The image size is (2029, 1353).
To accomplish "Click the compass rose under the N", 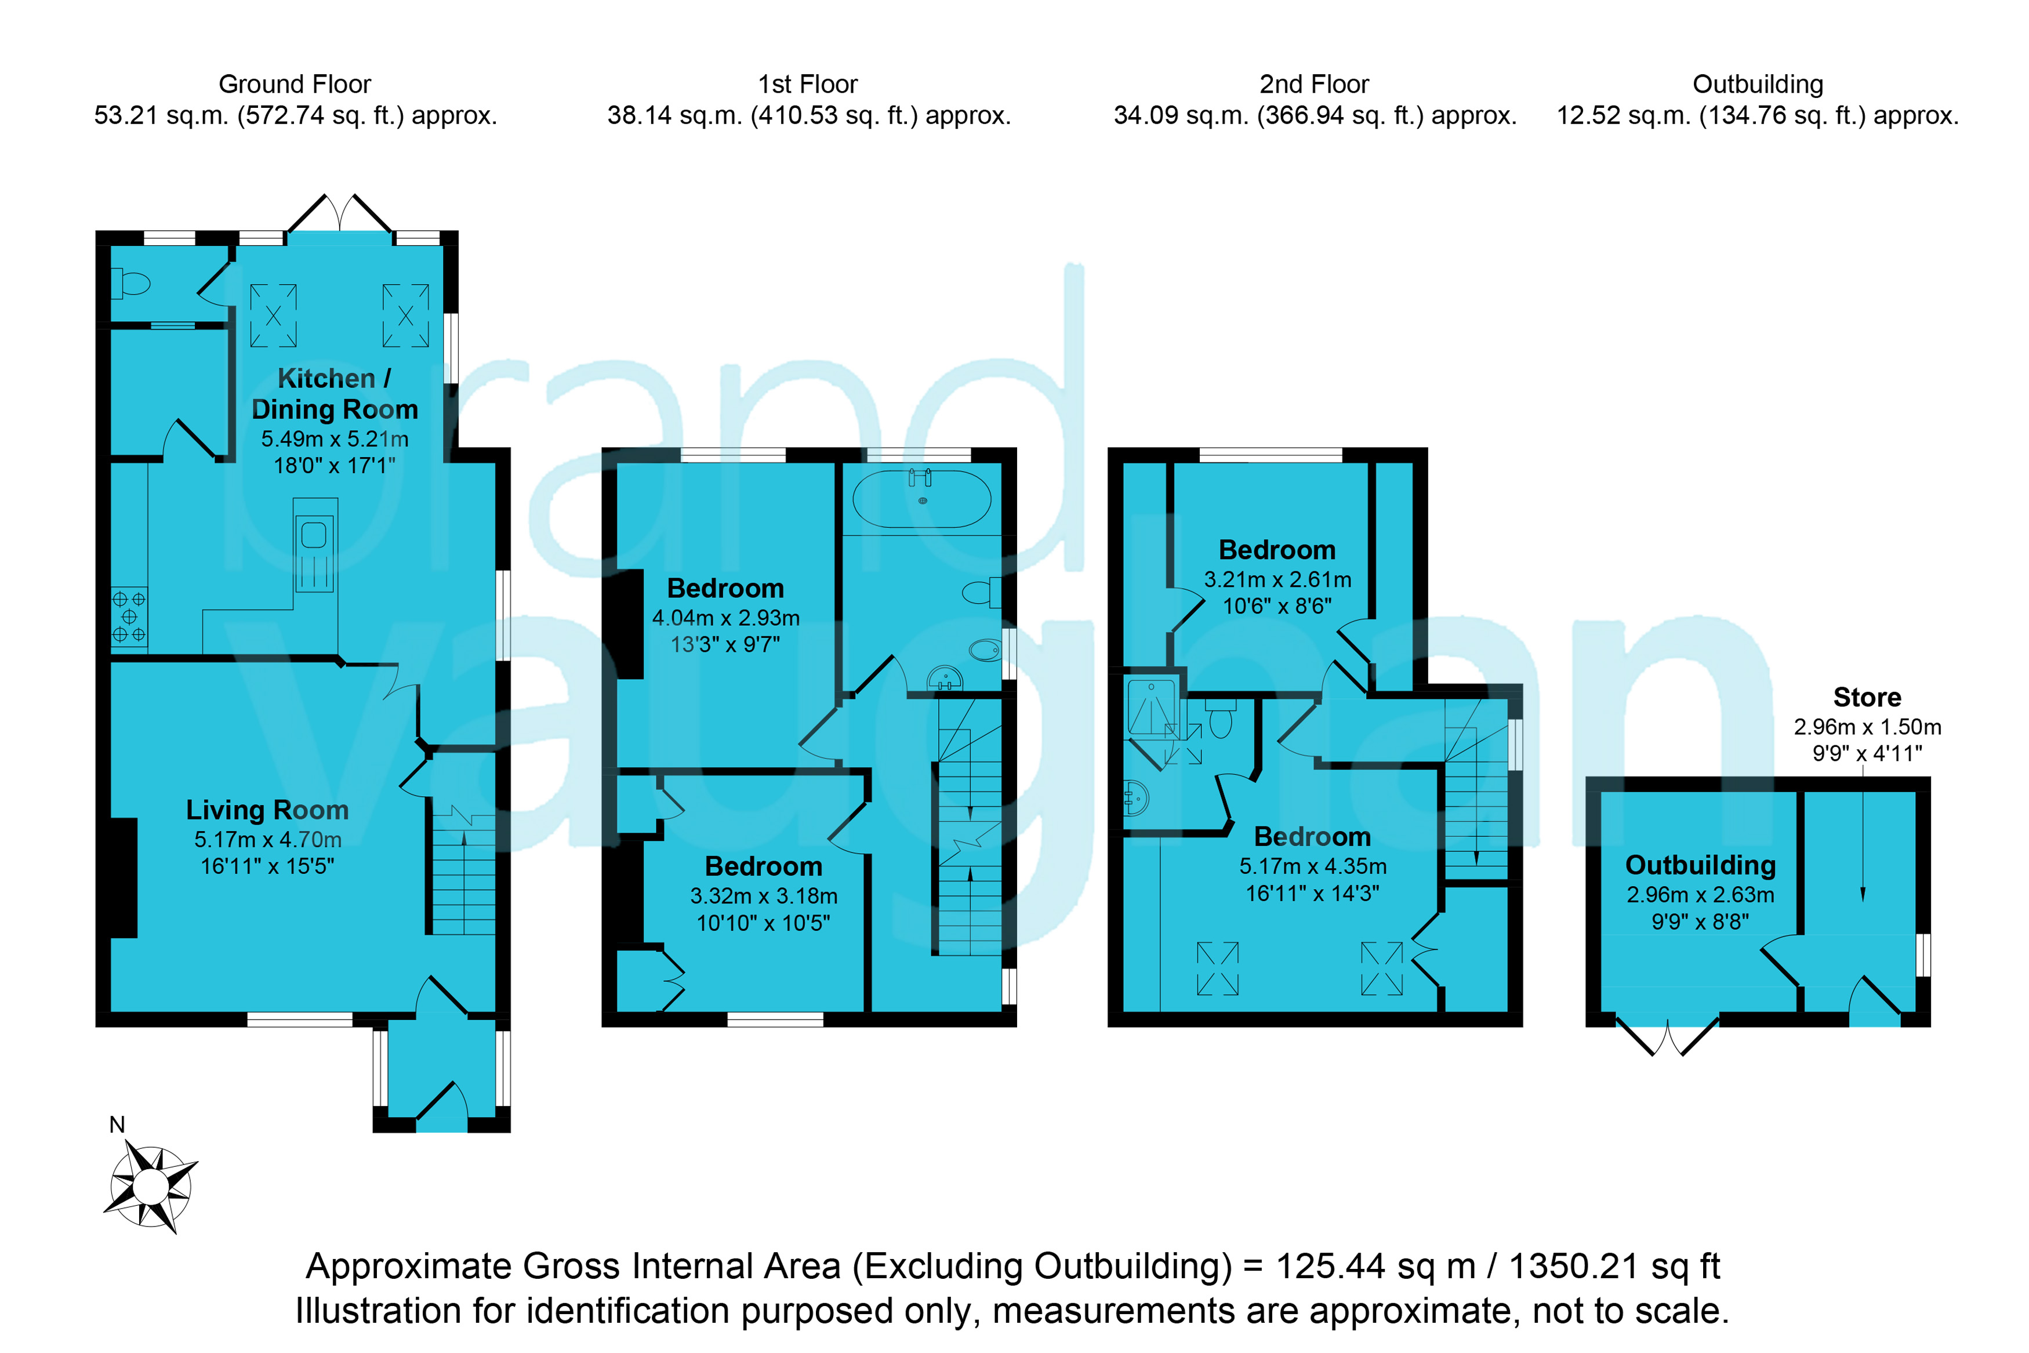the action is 151,1187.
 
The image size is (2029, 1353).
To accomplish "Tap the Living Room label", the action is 267,810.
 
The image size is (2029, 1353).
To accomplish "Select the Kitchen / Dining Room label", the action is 335,393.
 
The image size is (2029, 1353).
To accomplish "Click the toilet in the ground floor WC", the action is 131,283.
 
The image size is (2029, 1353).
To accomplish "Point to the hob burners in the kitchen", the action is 129,617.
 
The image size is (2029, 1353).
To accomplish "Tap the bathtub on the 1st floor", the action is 922,499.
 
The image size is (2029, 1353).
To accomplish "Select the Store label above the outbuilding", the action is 1867,697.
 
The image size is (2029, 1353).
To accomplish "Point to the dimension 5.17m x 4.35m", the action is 1313,866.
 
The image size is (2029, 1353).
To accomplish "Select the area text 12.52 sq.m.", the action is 1624,115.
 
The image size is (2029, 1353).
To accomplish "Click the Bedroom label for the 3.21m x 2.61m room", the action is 1277,550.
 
